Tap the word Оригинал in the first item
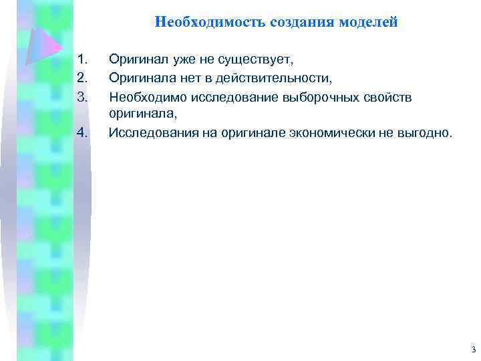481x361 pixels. (138, 61)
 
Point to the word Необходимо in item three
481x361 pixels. (148, 98)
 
